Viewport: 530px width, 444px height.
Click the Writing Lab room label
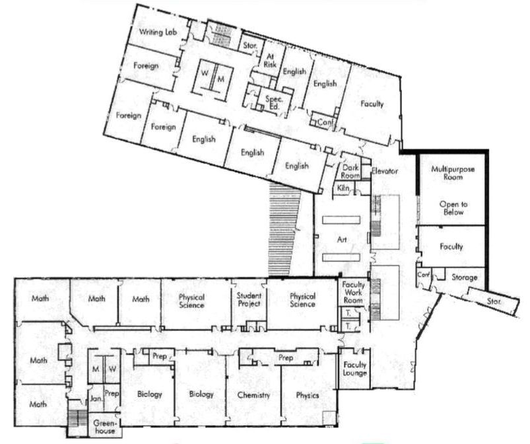pyautogui.click(x=158, y=32)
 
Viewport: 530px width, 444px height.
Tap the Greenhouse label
pyautogui.click(x=105, y=427)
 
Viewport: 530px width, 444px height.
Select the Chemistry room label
pyautogui.click(x=253, y=395)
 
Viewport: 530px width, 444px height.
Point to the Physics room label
pyautogui.click(x=308, y=395)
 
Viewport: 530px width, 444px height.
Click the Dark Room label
pyautogui.click(x=350, y=172)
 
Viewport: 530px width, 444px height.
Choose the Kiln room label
pyautogui.click(x=343, y=188)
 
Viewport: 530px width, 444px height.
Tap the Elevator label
pyautogui.click(x=385, y=171)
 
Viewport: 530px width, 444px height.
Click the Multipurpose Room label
pyautogui.click(x=453, y=173)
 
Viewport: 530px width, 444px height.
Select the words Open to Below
pyautogui.click(x=453, y=208)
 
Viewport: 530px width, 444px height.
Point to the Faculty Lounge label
pyautogui.click(x=354, y=369)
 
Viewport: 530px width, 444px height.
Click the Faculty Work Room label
pyautogui.click(x=353, y=293)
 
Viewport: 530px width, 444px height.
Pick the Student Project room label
pyautogui.click(x=249, y=300)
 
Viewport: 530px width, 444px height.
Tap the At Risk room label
pyautogui.click(x=270, y=61)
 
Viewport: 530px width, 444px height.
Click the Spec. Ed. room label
pyautogui.click(x=273, y=103)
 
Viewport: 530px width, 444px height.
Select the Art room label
pyautogui.click(x=342, y=240)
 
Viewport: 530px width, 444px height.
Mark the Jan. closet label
pyautogui.click(x=96, y=398)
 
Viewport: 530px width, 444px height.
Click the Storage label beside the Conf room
pyautogui.click(x=465, y=277)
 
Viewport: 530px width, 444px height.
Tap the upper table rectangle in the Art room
pyautogui.click(x=341, y=220)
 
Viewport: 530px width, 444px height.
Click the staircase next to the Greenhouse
pyautogui.click(x=77, y=418)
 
